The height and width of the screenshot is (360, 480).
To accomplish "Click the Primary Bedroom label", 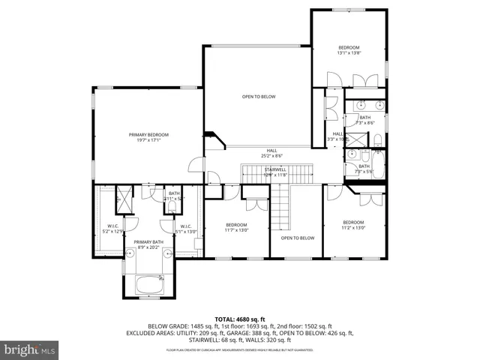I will pyautogui.click(x=148, y=137).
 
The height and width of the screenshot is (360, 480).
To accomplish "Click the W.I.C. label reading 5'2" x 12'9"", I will pyautogui.click(x=111, y=229).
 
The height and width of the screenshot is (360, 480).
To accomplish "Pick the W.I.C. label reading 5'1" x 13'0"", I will pyautogui.click(x=185, y=229).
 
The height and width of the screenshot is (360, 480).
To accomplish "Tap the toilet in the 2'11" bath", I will pyautogui.click(x=174, y=207).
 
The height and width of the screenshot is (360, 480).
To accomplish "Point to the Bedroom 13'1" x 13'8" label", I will pyautogui.click(x=349, y=50).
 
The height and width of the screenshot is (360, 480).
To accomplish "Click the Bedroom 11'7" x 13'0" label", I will pyautogui.click(x=237, y=227).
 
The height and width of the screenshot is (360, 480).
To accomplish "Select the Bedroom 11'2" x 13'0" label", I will pyautogui.click(x=353, y=225).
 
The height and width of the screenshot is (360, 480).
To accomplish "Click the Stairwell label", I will pyautogui.click(x=275, y=172).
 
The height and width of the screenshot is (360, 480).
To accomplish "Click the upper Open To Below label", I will pyautogui.click(x=258, y=97).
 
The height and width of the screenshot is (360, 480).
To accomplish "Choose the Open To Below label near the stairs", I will pyautogui.click(x=297, y=238).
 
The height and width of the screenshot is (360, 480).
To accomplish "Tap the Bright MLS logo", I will pyautogui.click(x=30, y=349).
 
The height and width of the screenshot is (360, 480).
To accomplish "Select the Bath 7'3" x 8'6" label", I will pyautogui.click(x=365, y=120).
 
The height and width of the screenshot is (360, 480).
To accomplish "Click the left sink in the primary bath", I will pyautogui.click(x=130, y=253).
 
